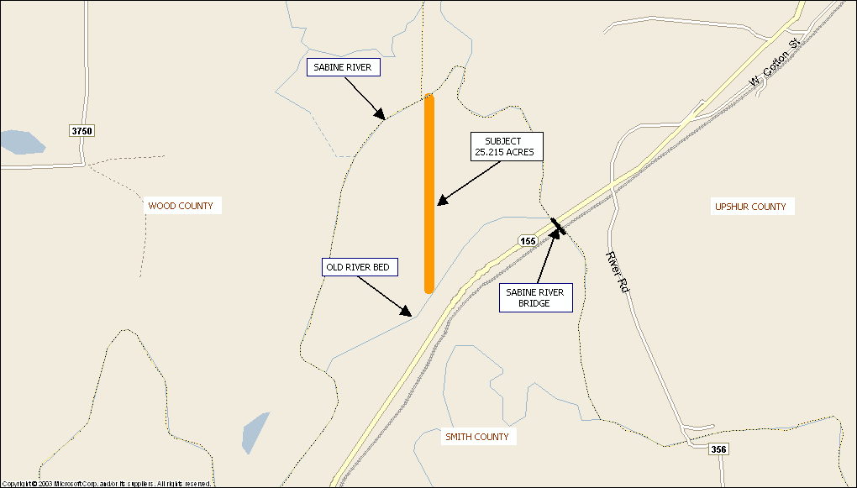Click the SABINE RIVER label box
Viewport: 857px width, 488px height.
click(344, 67)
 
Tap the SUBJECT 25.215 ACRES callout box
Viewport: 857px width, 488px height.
click(502, 146)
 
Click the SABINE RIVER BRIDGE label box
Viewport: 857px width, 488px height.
click(535, 297)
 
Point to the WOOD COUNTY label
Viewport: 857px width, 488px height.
click(181, 206)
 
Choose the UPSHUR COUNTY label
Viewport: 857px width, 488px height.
click(750, 207)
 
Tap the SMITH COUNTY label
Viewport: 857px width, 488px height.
click(477, 437)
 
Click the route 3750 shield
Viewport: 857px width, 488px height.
click(81, 130)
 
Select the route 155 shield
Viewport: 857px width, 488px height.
click(528, 241)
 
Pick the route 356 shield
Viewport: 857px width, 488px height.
click(718, 449)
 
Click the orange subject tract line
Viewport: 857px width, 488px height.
click(429, 193)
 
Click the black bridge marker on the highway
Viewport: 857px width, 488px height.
click(558, 225)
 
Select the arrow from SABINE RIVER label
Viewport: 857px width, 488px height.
click(366, 102)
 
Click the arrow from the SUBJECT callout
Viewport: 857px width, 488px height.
click(469, 182)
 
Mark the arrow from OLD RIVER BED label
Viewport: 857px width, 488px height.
click(385, 296)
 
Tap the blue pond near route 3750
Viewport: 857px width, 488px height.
click(21, 142)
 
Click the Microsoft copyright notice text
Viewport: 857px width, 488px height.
click(107, 484)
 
